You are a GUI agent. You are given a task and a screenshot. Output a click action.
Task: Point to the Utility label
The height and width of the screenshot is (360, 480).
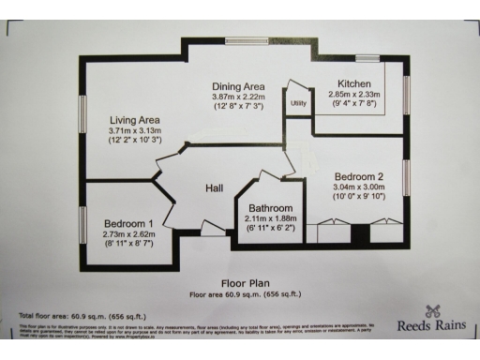point(299,103)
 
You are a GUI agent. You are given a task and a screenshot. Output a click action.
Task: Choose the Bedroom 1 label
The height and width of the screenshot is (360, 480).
point(129,223)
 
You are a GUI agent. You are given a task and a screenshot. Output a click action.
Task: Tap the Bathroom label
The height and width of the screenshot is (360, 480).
point(271,208)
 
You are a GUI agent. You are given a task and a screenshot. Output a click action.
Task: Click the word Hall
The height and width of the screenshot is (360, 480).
point(215,189)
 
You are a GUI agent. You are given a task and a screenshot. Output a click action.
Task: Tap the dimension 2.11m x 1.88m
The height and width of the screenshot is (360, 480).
point(271,218)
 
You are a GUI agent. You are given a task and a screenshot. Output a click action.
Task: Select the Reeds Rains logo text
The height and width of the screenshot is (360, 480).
point(433,328)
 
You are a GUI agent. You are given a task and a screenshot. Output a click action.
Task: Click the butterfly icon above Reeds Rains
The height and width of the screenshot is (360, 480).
point(433,311)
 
